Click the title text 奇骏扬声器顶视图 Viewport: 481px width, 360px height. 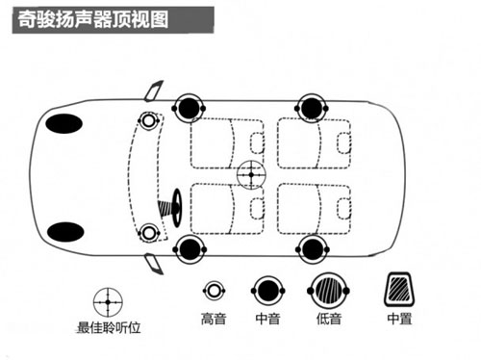coord(92,20)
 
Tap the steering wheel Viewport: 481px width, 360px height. coord(177,208)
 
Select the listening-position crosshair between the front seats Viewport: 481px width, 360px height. coord(251,175)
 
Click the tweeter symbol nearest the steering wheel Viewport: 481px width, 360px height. coord(148,233)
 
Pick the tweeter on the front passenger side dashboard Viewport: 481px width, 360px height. coord(148,121)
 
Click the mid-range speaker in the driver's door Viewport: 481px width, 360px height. coord(190,249)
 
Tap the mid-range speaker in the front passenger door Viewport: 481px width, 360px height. coord(189,108)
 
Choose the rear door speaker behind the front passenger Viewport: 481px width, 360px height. coord(312,108)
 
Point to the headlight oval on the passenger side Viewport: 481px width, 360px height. coord(64,123)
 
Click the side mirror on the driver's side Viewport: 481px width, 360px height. coord(154,264)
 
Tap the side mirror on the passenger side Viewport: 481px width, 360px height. coord(154,91)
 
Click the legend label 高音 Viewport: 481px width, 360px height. coord(214,319)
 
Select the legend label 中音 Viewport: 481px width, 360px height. coord(267,319)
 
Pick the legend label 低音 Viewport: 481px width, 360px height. coord(329,319)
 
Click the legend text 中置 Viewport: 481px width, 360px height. coord(399,319)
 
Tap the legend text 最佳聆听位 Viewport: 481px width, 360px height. coord(109,327)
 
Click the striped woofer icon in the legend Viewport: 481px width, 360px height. coord(328,291)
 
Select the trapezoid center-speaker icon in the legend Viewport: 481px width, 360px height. coord(399,290)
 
